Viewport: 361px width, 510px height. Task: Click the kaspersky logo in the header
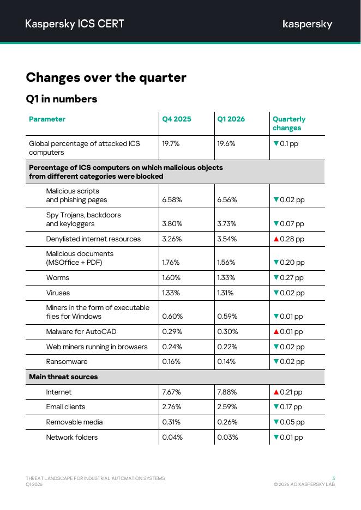(308, 25)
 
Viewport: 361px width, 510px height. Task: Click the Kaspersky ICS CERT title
(75, 24)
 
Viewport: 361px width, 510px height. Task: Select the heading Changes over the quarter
(106, 77)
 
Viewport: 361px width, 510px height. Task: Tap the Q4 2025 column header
(177, 119)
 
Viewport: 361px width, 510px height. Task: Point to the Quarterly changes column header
(289, 123)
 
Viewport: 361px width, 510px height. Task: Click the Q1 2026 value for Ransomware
(226, 362)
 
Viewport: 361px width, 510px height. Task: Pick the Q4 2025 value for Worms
(171, 278)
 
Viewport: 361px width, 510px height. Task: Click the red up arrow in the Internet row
(276, 392)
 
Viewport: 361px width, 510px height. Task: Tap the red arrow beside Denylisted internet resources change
(276, 239)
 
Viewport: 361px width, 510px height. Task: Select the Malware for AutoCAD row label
(81, 332)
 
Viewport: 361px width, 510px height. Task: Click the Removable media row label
(74, 422)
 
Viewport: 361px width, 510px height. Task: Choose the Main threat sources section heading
(63, 377)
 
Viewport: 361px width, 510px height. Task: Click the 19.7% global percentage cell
(171, 144)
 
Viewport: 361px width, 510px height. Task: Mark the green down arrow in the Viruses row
(276, 293)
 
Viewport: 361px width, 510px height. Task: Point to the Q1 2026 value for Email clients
(227, 407)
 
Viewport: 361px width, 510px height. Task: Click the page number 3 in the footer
(334, 478)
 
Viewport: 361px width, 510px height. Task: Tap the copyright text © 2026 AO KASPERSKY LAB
(304, 484)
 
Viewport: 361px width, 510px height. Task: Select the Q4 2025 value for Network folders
(172, 438)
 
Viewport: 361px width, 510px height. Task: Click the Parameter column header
(47, 119)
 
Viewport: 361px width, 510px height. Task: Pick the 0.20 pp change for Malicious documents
(292, 263)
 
